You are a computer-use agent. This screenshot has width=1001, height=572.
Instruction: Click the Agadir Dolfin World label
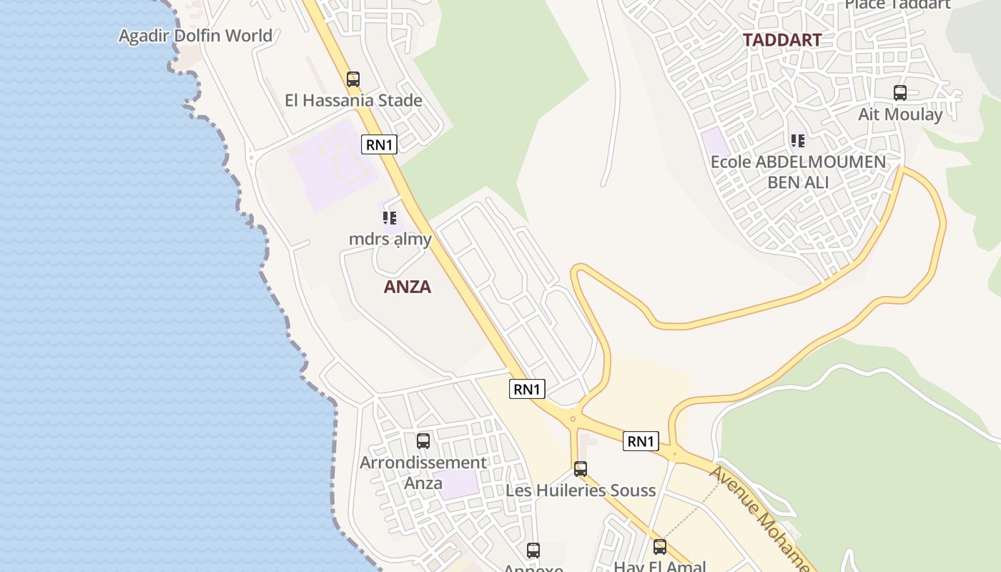tap(195, 36)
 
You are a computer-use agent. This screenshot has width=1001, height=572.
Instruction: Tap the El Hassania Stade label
tap(353, 101)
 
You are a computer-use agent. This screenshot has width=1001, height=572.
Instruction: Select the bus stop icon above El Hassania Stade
tap(353, 79)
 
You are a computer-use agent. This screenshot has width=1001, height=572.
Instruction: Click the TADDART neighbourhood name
tap(781, 40)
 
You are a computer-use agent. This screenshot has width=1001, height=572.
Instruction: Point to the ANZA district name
tap(408, 287)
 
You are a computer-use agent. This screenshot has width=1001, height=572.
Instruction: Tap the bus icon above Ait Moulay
tap(900, 93)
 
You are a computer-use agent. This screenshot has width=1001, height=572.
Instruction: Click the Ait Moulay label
tap(900, 114)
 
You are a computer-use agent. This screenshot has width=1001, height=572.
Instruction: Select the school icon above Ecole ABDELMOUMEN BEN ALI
tap(798, 141)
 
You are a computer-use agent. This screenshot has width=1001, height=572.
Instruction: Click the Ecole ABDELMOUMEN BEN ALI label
tap(798, 172)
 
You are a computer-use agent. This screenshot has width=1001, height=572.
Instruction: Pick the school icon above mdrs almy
tap(390, 217)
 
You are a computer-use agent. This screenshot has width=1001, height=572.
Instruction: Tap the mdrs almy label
tap(390, 239)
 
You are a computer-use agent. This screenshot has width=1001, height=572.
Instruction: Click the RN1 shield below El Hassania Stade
tap(379, 144)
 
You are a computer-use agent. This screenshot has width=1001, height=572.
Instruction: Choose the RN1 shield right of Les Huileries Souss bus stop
tap(641, 442)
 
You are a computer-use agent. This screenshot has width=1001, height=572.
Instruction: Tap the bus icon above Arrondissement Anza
tap(423, 441)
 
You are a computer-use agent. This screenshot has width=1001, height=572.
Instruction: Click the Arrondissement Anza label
tap(423, 473)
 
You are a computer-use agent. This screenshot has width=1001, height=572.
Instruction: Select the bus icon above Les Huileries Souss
tap(581, 469)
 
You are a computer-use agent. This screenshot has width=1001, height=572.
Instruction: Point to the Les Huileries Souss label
tap(581, 490)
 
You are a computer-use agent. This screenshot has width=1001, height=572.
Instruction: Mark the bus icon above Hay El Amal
tap(660, 547)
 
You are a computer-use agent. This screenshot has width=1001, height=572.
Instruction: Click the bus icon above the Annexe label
tap(533, 551)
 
